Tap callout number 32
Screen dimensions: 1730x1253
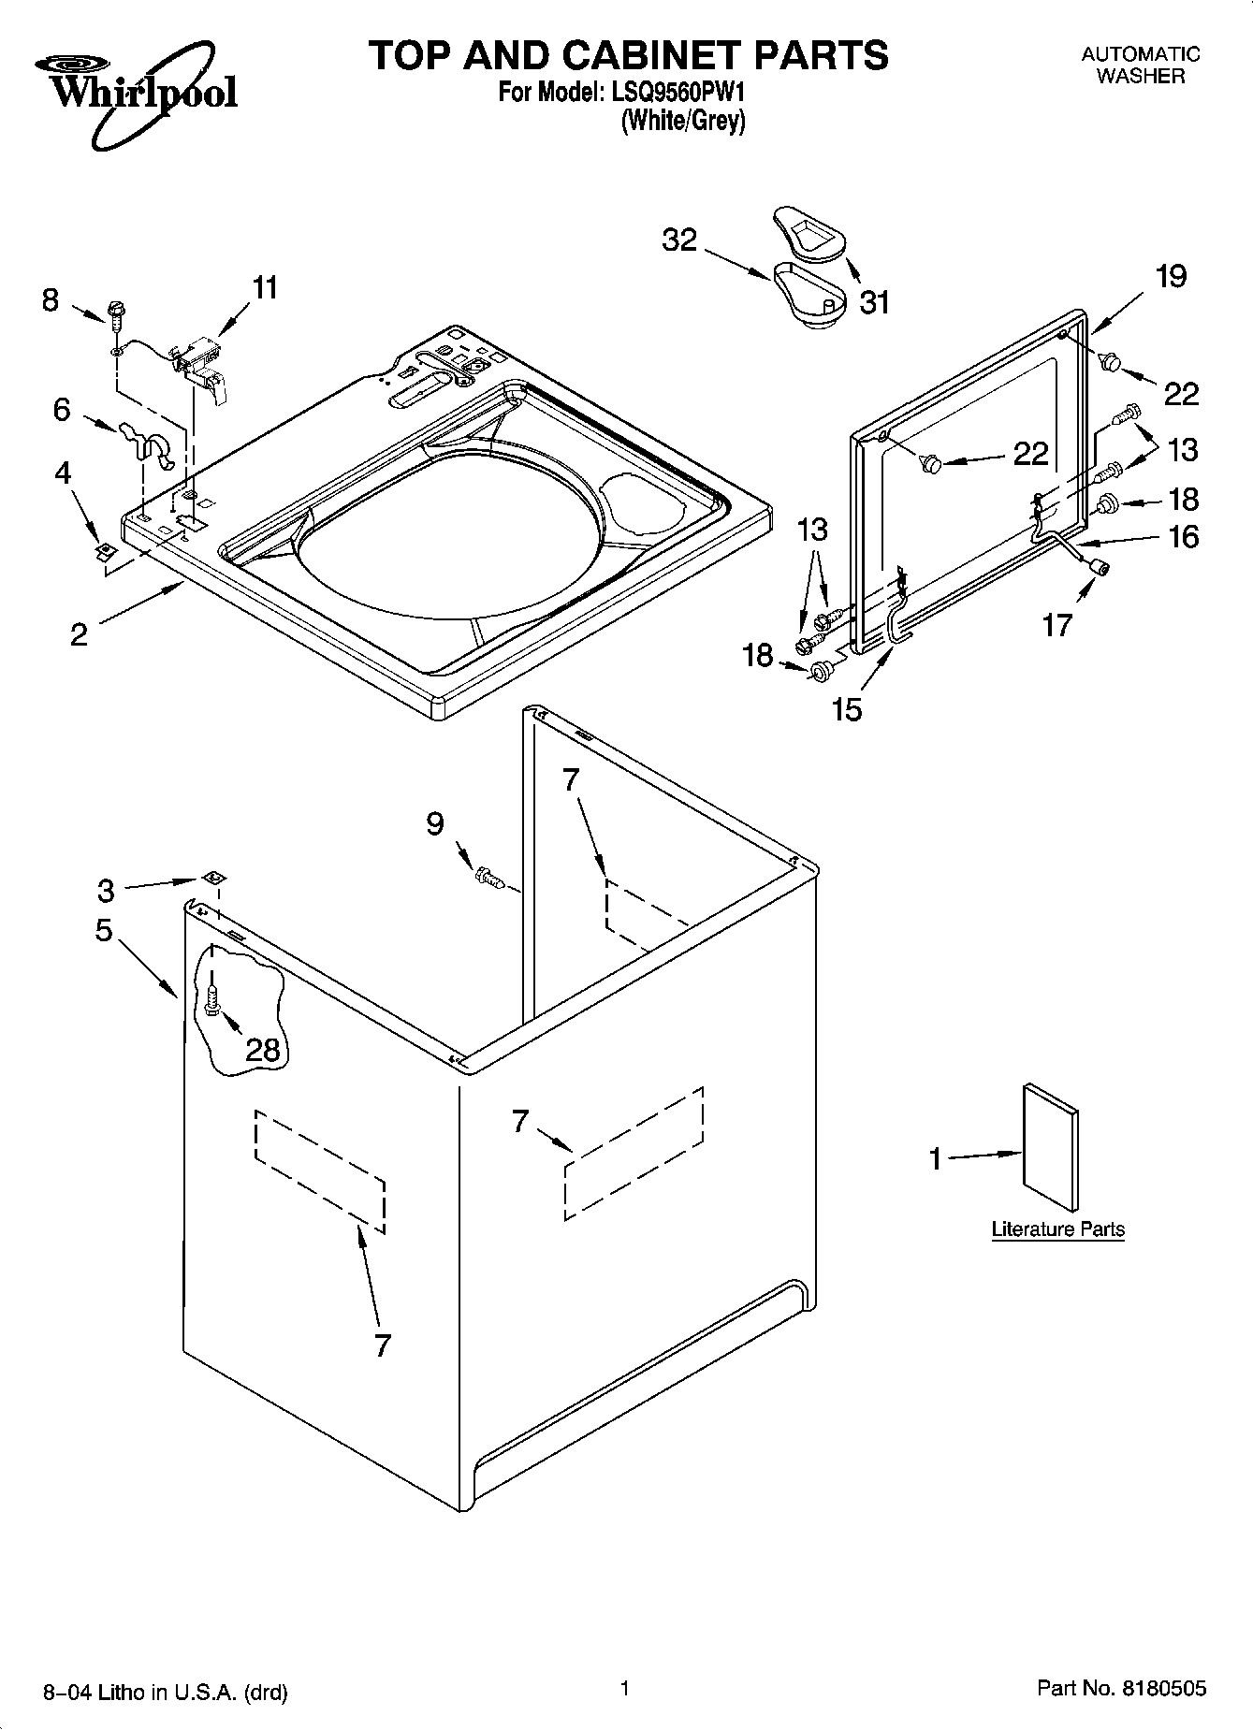(x=679, y=240)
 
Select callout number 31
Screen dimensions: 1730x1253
(x=874, y=302)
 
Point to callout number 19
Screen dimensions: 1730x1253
(x=1171, y=276)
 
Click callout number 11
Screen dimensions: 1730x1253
(x=266, y=287)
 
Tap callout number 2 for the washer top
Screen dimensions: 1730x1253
(x=79, y=634)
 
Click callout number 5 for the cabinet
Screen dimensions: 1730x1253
(x=103, y=931)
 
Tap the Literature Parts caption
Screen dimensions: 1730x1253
(x=1057, y=1229)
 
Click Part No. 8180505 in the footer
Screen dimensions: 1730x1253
(x=1121, y=1688)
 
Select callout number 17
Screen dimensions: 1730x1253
(x=1056, y=624)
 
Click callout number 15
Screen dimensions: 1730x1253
(x=846, y=709)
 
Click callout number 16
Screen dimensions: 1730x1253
(x=1184, y=536)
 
